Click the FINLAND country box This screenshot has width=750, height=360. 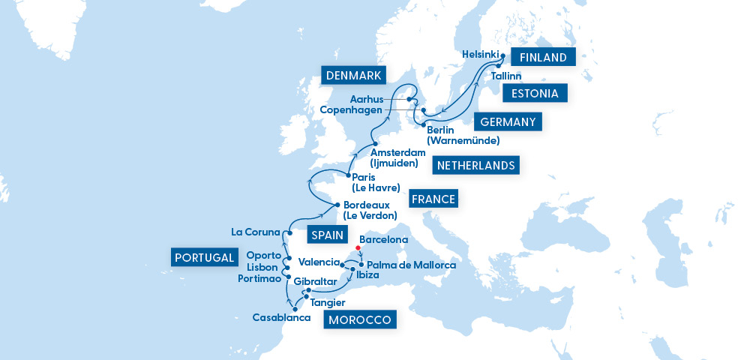click(543, 57)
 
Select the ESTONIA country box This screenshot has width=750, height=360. click(534, 94)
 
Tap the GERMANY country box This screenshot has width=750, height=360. click(506, 122)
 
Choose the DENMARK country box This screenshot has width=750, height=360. click(353, 75)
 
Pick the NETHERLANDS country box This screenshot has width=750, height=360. click(476, 165)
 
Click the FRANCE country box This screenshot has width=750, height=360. click(433, 199)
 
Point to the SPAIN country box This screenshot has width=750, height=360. click(325, 235)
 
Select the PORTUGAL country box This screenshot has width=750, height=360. click(204, 257)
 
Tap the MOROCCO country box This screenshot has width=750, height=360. click(360, 320)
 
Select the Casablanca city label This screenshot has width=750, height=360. click(281, 318)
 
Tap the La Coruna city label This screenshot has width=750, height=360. click(255, 232)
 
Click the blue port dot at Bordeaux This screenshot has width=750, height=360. click(337, 205)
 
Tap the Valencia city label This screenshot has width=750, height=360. click(318, 262)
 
